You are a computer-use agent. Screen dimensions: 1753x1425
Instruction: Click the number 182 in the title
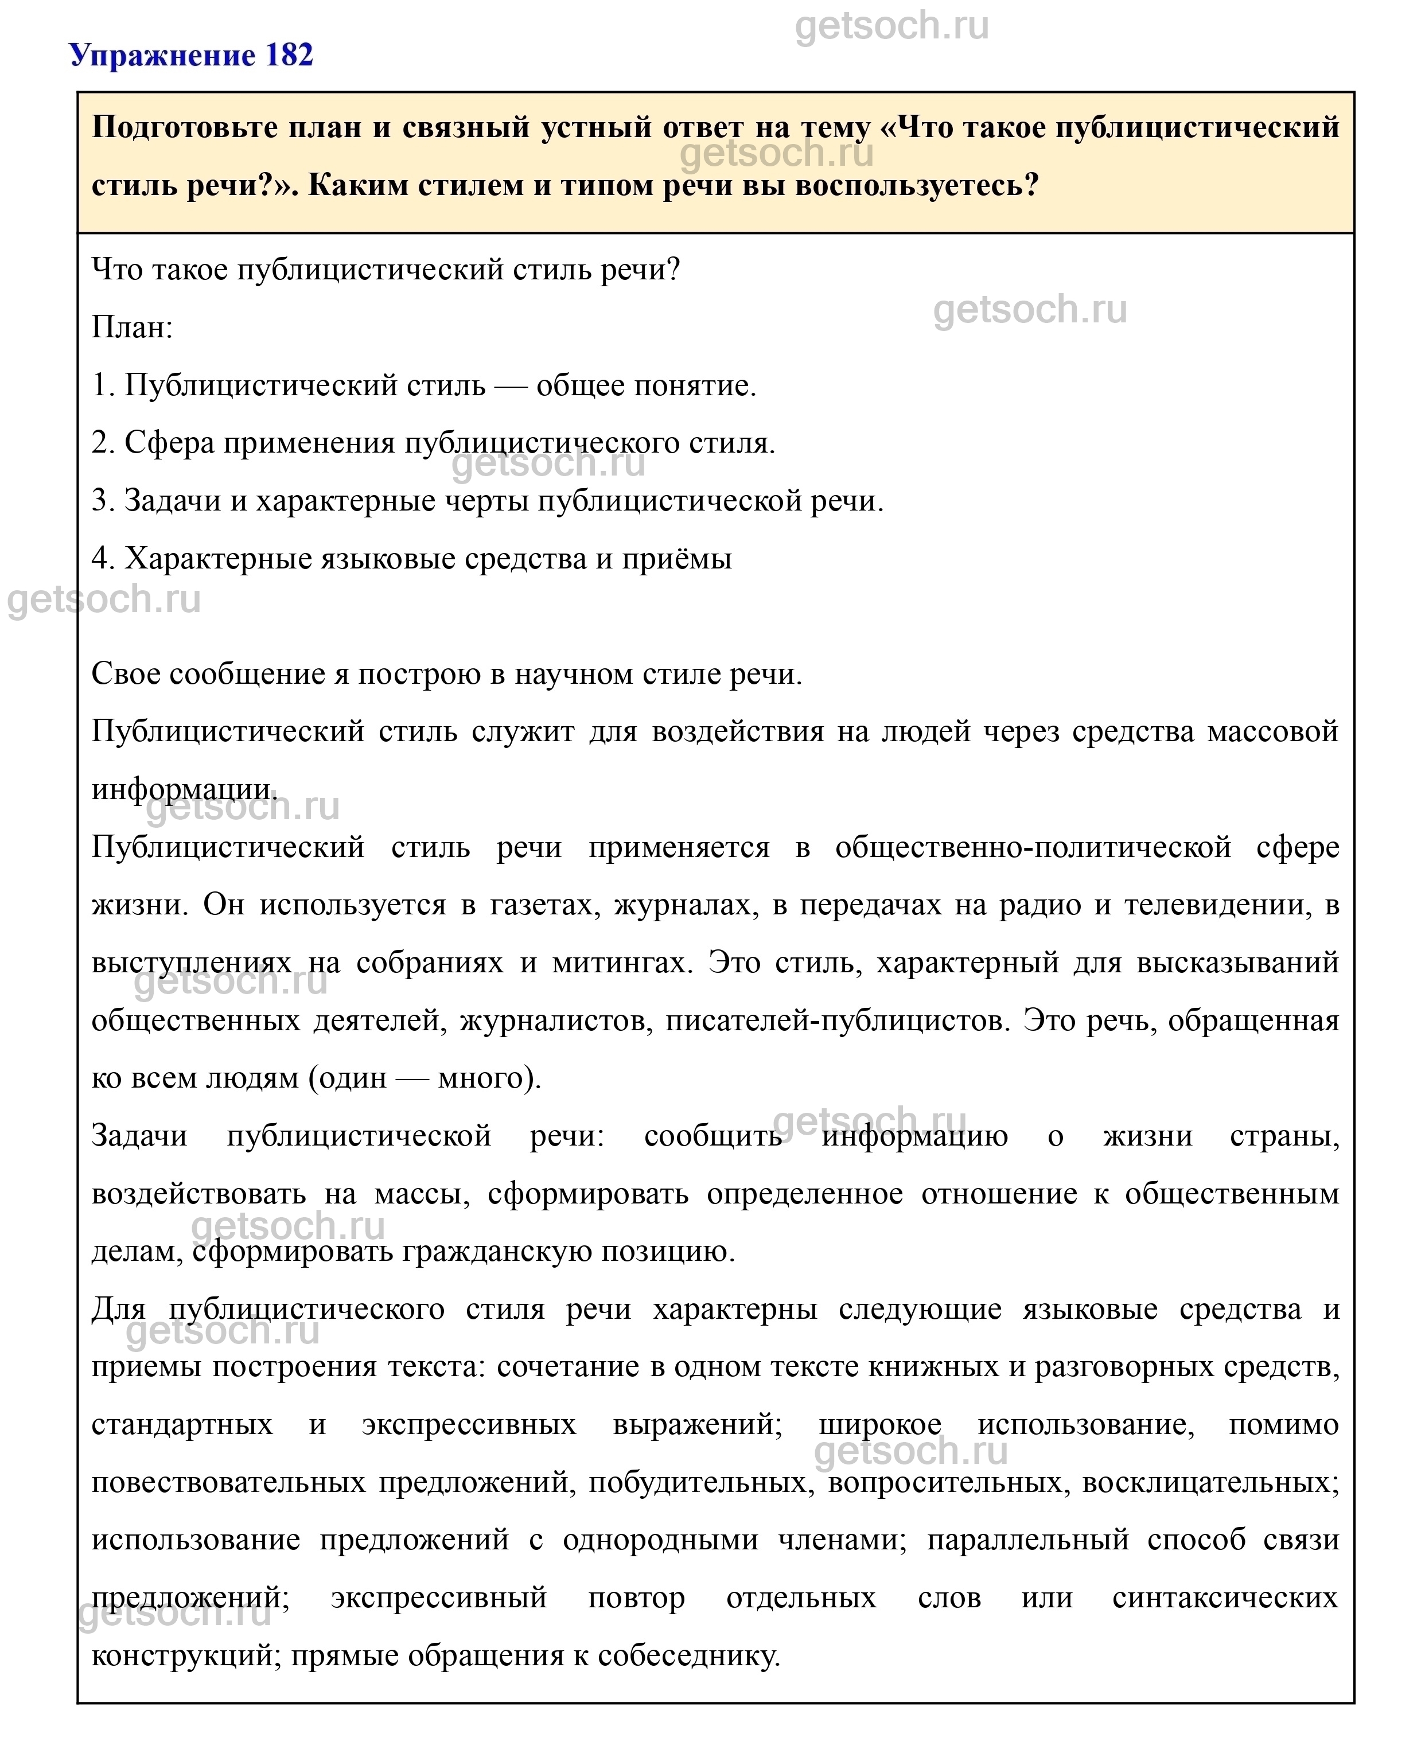coord(289,55)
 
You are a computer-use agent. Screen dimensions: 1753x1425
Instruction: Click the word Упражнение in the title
coord(162,55)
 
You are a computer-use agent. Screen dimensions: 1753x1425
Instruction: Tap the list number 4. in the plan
coord(103,559)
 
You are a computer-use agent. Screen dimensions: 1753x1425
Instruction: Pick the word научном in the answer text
coord(564,674)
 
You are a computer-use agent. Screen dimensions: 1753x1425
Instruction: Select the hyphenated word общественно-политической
coord(1033,847)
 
